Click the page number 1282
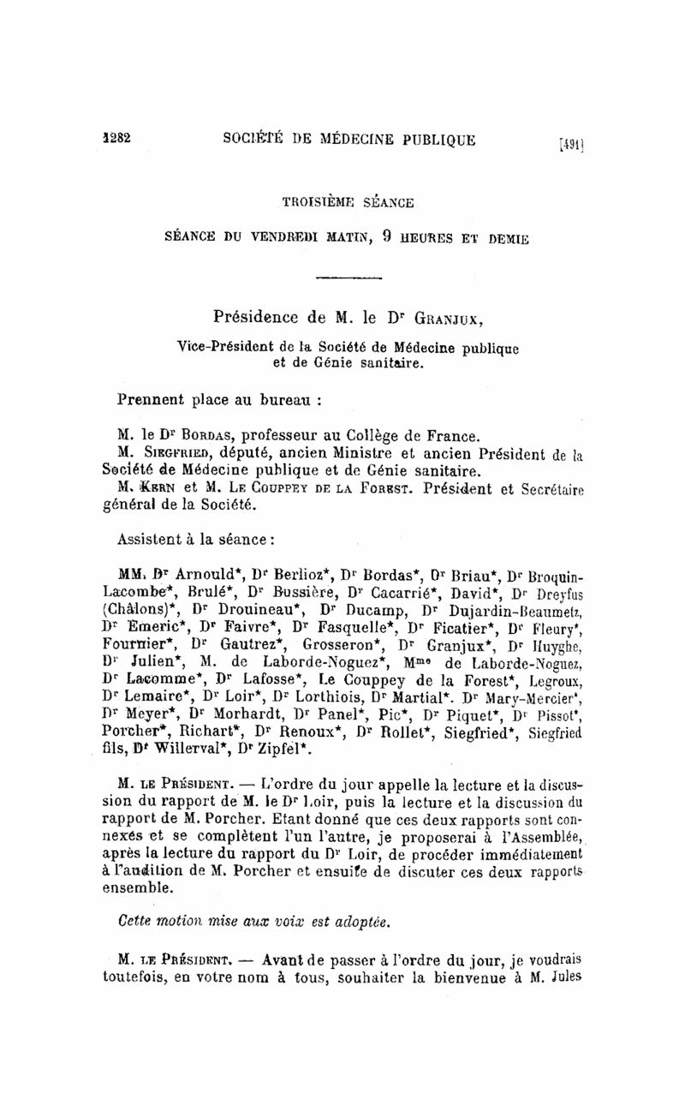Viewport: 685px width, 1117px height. click(x=116, y=140)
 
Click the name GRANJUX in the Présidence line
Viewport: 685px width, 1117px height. click(x=445, y=321)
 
